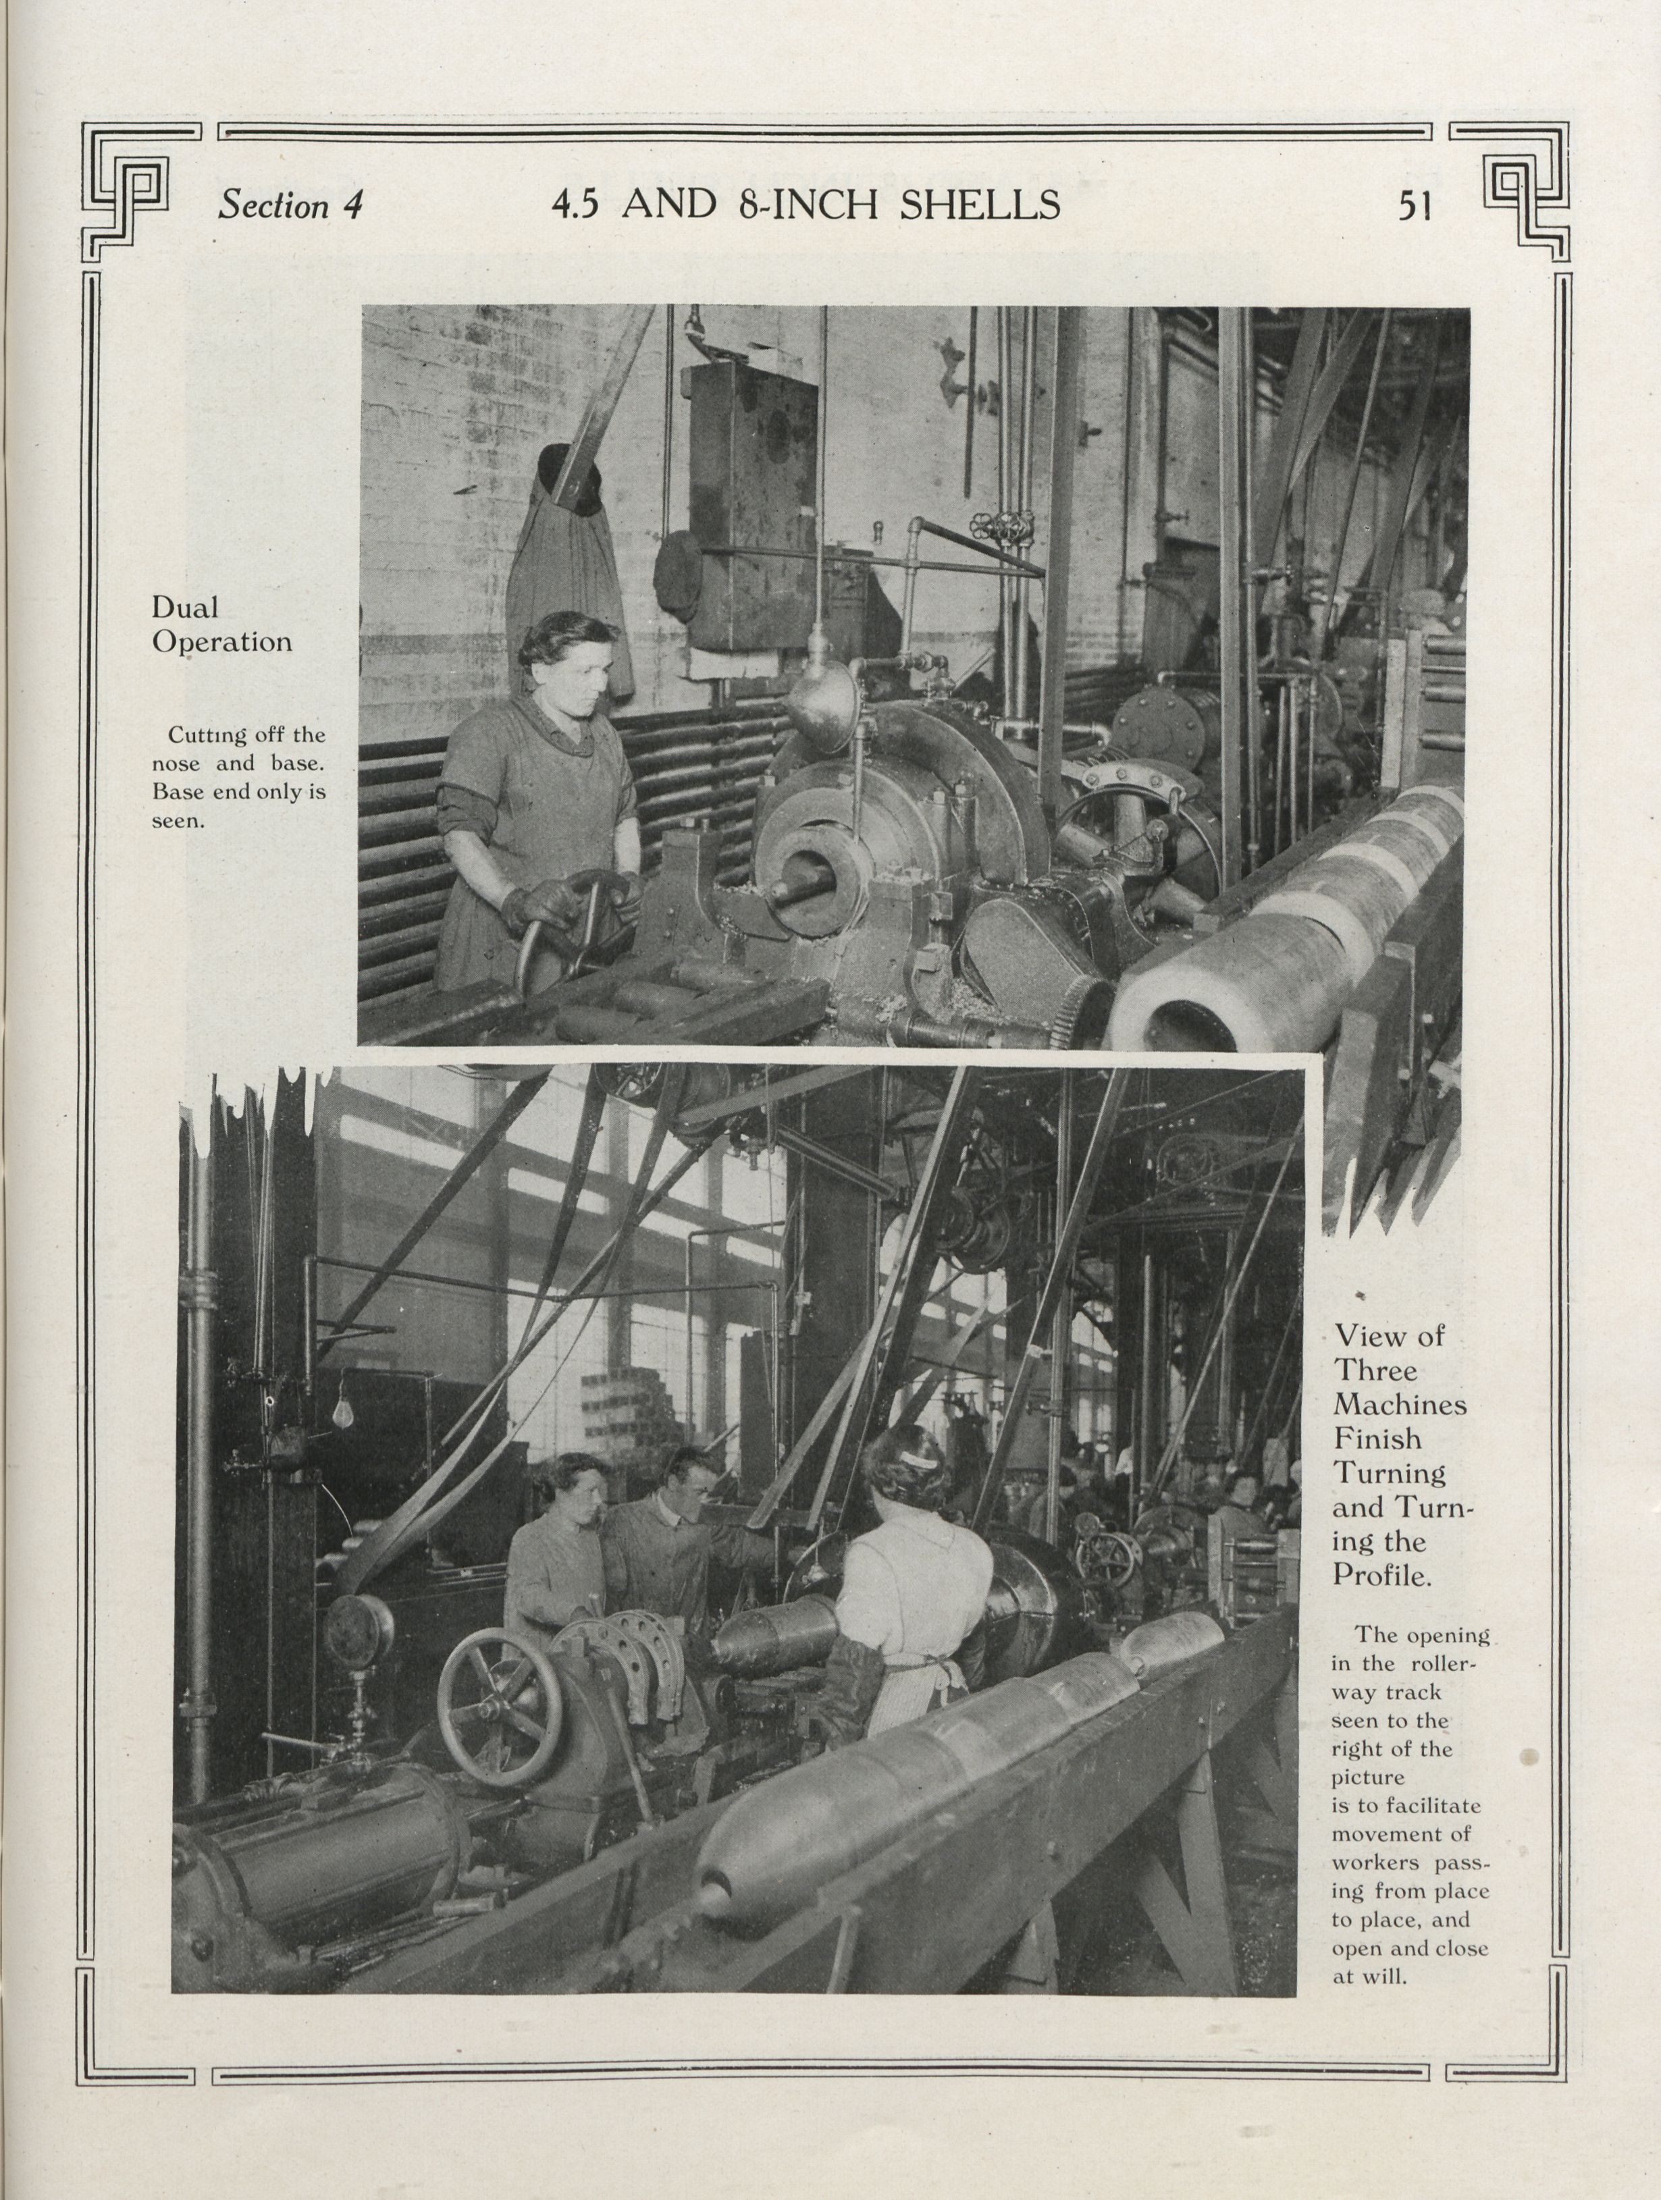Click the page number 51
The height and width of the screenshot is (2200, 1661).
[1415, 205]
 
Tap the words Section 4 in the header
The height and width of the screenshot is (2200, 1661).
[290, 206]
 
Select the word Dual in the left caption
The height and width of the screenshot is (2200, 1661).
[185, 607]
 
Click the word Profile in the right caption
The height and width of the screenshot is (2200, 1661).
[1381, 1576]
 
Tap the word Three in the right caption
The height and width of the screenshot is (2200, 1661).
[1375, 1370]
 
